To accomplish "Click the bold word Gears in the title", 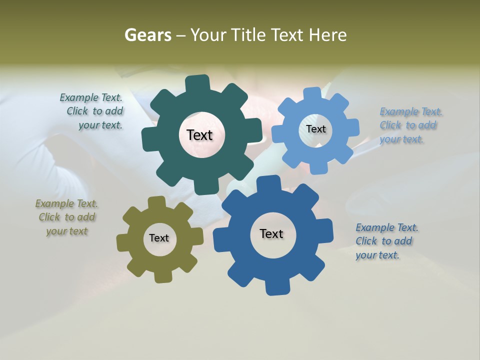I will click(148, 35).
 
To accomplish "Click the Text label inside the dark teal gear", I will click(199, 135).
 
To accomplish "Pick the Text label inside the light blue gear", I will click(315, 129).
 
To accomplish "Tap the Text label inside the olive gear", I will click(158, 238).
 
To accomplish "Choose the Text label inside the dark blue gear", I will click(271, 233).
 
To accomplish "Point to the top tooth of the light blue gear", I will click(312, 94).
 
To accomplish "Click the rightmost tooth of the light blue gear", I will click(353, 127).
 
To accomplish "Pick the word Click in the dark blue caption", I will click(366, 241).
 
